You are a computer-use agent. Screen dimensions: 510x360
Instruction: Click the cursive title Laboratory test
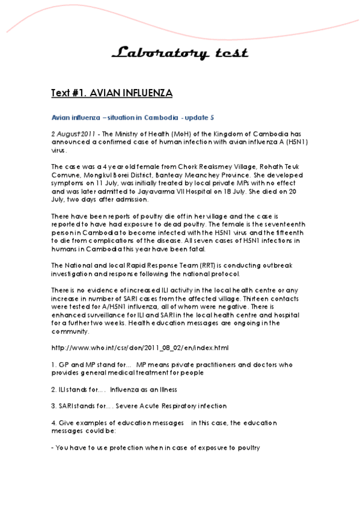tap(179, 54)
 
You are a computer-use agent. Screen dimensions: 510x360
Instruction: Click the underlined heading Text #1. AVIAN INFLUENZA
tap(112, 93)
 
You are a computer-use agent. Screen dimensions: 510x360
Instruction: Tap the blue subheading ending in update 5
tap(132, 117)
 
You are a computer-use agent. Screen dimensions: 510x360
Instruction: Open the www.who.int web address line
tap(140, 348)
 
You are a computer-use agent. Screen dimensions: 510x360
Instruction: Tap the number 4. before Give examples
tap(54, 423)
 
